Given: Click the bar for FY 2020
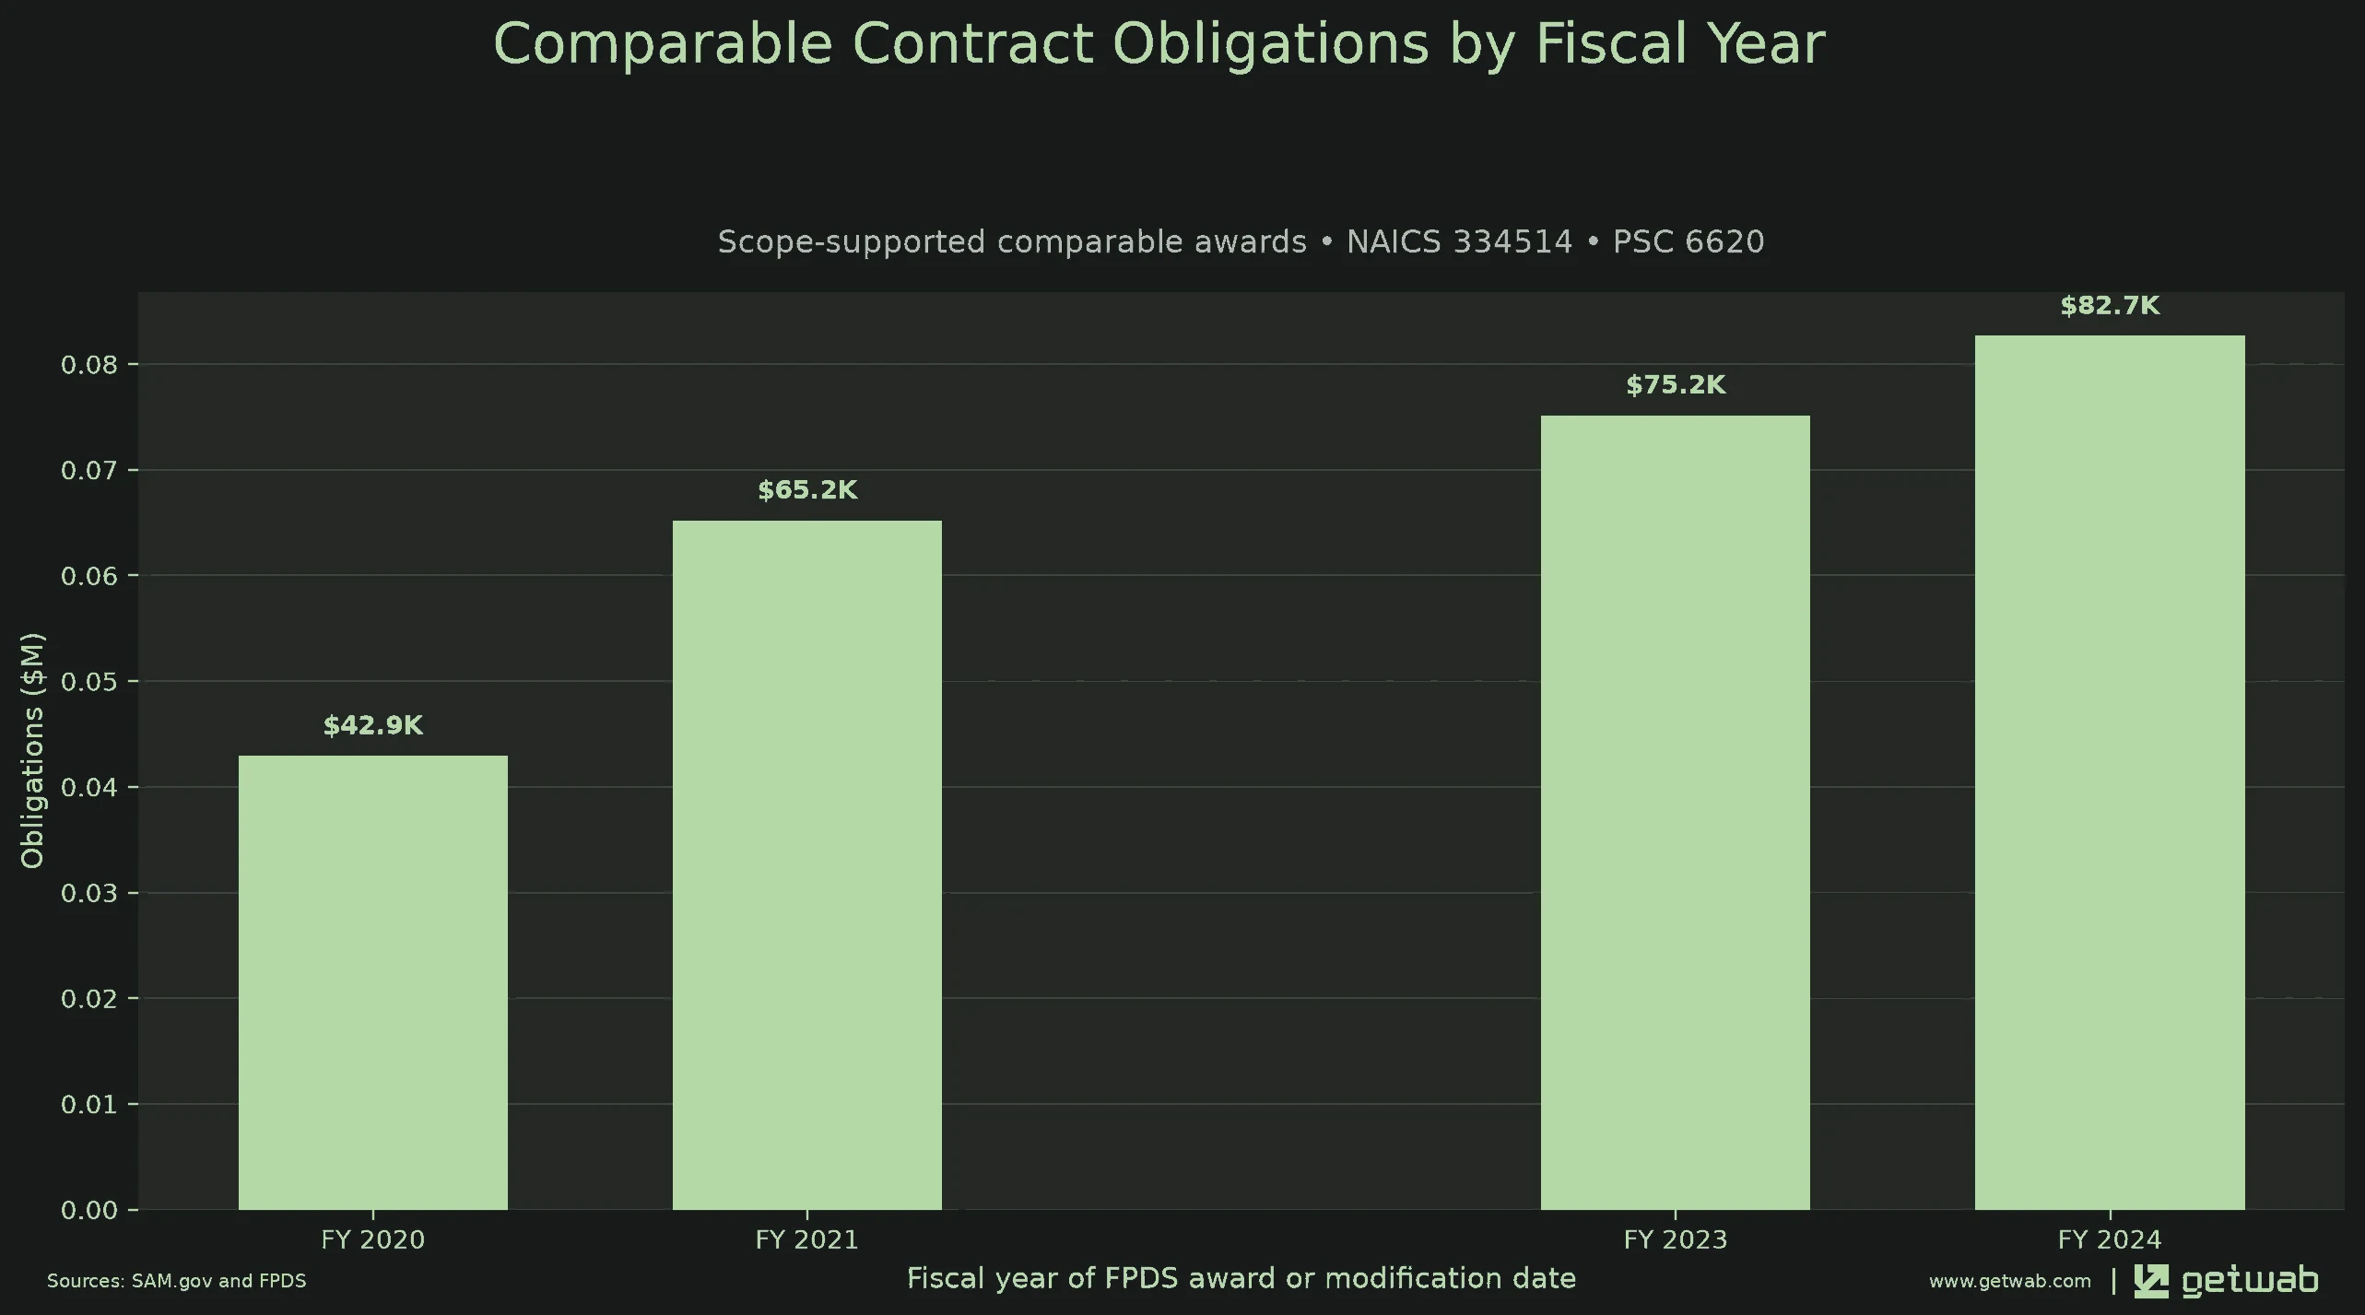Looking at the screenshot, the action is coord(373,982).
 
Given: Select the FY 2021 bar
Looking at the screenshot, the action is coord(807,865).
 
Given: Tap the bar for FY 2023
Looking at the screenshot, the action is coord(1676,813).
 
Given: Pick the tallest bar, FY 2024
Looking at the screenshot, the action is coord(2110,772).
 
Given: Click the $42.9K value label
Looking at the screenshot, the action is coord(373,726).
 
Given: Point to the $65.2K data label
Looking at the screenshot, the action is coord(807,490).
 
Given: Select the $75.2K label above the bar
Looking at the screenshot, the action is coord(1676,385).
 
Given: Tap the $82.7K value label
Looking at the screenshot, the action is coord(2110,306).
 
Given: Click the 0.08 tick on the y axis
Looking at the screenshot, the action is coord(89,365).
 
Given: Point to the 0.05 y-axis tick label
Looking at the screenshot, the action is coord(89,682).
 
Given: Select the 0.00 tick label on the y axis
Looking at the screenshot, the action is coord(89,1210).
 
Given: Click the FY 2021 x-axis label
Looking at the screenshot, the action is coord(807,1240).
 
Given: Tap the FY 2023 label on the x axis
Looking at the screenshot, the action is coord(1676,1240).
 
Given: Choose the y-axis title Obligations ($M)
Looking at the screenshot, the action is coord(32,750).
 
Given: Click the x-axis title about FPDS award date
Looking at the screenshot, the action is coord(1241,1279).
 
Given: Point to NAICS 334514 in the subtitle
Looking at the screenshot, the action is coord(1460,241).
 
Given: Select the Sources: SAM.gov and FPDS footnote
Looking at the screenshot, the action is coord(177,1281).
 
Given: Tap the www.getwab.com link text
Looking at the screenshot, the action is coord(2010,1281).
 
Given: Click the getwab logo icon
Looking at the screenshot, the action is coord(2151,1281).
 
